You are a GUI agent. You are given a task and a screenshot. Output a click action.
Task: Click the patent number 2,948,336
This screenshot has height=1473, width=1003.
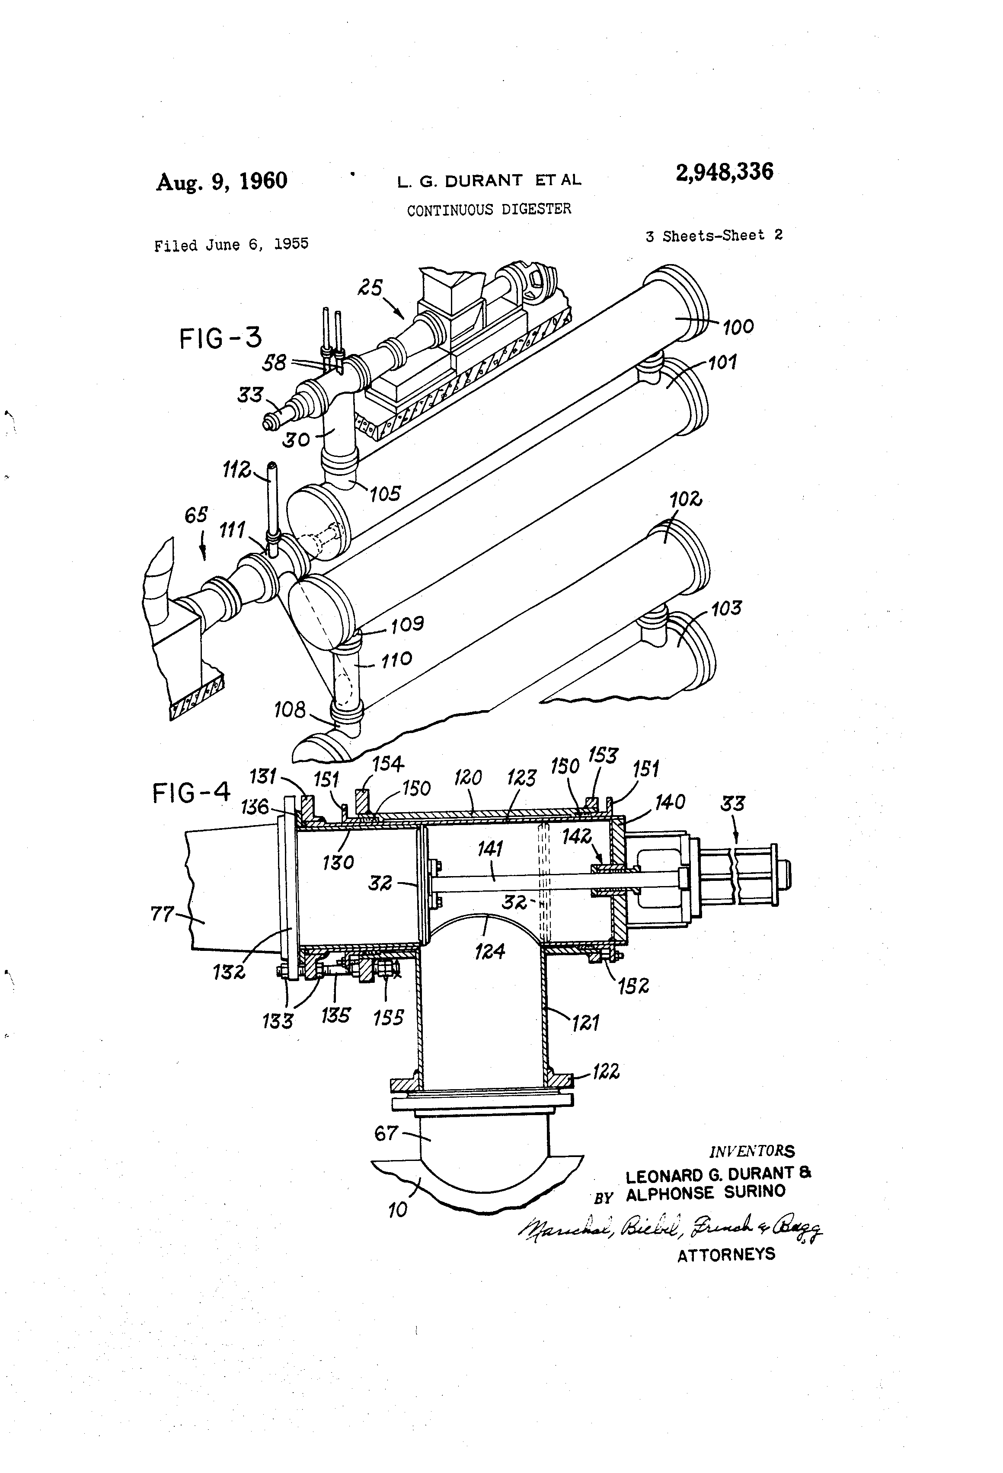[x=724, y=172]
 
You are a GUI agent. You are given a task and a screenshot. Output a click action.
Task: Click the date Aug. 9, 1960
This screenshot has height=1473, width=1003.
[x=221, y=181]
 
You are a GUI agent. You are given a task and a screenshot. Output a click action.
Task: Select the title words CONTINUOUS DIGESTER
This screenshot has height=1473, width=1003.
[x=489, y=209]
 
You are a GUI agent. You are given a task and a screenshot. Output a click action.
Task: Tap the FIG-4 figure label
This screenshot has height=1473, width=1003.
[x=191, y=793]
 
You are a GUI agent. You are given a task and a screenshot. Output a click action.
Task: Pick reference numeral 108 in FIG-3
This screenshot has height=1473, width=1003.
[x=289, y=709]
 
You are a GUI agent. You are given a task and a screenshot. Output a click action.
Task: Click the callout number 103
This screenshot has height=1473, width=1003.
[x=726, y=609]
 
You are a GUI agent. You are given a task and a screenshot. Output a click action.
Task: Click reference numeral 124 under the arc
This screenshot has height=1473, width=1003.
[x=489, y=951]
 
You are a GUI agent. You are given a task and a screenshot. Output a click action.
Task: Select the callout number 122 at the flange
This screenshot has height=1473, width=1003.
[x=606, y=1072]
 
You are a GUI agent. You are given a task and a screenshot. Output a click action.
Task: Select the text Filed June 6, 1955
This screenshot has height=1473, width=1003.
[x=231, y=244]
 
